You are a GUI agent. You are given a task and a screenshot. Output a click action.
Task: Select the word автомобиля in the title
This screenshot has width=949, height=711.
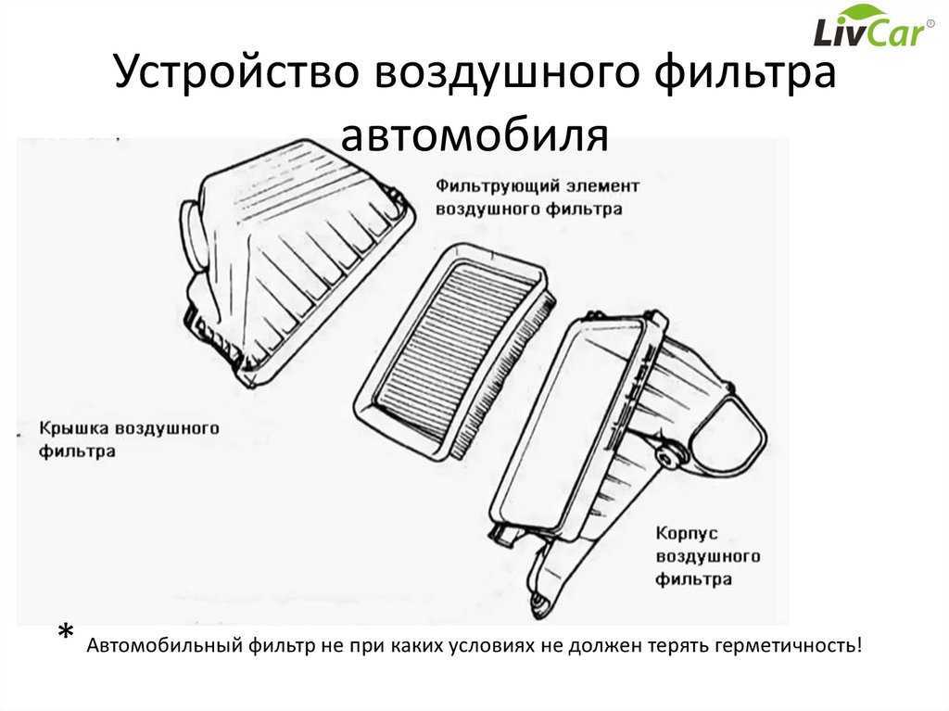coord(474,134)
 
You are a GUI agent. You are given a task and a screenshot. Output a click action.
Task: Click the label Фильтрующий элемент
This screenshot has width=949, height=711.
coord(538,186)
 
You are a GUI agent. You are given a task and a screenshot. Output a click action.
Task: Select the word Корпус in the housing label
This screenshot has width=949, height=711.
coord(687,534)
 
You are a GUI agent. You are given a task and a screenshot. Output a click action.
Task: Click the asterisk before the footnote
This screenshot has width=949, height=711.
coord(66,632)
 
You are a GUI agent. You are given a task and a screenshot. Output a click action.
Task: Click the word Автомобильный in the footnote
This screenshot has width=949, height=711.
coord(165,645)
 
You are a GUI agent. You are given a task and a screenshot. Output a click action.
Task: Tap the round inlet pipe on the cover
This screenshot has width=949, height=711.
coord(195,235)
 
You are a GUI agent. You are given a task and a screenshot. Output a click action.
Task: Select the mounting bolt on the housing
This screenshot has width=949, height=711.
coord(668,459)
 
